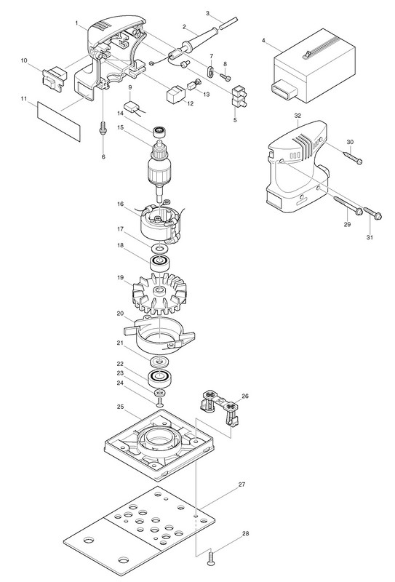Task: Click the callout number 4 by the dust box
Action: (x=263, y=40)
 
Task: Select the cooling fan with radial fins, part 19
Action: (x=159, y=292)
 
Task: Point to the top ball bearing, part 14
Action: (x=159, y=131)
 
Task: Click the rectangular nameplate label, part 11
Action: (x=59, y=121)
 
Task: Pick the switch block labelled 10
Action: (x=55, y=76)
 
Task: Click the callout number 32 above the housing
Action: (x=298, y=116)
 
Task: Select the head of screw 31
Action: (x=378, y=215)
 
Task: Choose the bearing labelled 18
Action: (x=160, y=263)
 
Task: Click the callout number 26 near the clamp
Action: (x=245, y=396)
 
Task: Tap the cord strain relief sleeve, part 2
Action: (x=196, y=40)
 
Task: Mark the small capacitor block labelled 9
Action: (x=131, y=106)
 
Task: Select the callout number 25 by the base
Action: (x=120, y=407)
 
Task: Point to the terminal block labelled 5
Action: (x=239, y=97)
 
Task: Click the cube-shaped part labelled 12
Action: (x=175, y=95)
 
